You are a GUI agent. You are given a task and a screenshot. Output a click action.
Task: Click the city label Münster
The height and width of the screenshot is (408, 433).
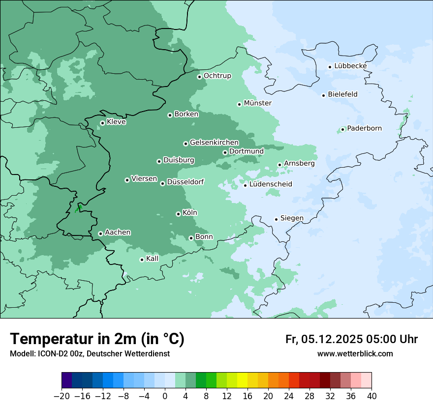[257, 103]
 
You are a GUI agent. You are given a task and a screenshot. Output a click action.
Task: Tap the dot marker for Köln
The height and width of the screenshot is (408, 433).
[178, 214]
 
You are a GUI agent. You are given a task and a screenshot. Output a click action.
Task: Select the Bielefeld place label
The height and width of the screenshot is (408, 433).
[342, 94]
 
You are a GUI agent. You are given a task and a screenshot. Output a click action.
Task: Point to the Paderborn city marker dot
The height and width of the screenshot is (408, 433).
[343, 130]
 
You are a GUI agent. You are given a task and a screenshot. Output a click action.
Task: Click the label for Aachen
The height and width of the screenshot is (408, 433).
[118, 233]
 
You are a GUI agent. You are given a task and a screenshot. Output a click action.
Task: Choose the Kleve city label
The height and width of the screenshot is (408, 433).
[116, 122]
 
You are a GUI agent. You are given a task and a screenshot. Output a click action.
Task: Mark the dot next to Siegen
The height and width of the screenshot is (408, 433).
[277, 219]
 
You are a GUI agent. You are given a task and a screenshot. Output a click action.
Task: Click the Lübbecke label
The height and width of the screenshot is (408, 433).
[350, 66]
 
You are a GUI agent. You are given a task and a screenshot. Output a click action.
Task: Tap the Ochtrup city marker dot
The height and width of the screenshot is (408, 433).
[199, 77]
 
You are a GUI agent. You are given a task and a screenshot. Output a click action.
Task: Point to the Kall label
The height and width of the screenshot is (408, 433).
[152, 259]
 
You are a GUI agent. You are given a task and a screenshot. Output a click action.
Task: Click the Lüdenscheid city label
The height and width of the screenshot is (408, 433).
[271, 184]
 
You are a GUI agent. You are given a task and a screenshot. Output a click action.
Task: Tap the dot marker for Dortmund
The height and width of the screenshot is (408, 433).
[225, 152]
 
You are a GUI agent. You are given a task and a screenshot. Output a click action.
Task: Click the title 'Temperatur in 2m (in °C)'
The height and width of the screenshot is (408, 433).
[97, 339]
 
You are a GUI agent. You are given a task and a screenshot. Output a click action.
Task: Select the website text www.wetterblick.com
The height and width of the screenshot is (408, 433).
[355, 354]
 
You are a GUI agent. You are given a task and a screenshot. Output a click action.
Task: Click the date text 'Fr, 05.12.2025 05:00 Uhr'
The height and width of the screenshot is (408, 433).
[351, 340]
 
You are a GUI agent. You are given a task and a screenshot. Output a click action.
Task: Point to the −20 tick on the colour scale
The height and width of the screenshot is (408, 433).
[62, 396]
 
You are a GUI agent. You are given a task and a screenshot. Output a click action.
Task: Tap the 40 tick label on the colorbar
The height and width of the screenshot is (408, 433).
[371, 396]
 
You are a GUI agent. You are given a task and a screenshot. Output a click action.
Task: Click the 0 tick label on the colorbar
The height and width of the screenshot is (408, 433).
[165, 396]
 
